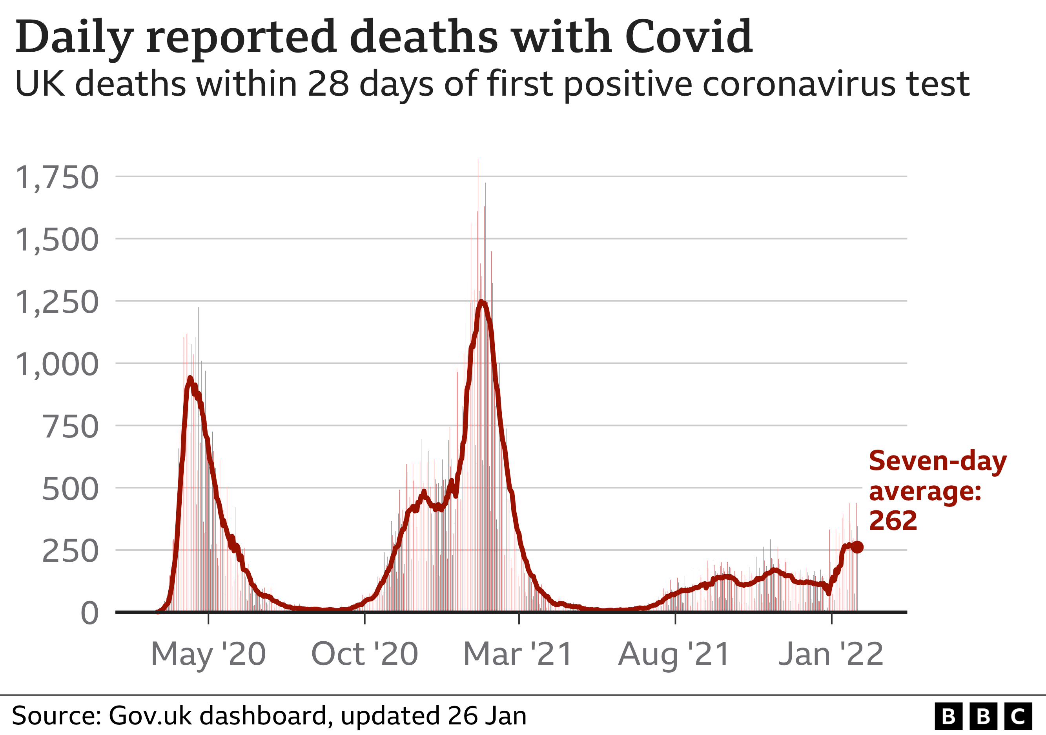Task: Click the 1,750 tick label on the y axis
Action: [x=57, y=178]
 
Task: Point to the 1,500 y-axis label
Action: [x=57, y=240]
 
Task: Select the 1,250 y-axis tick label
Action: [x=57, y=302]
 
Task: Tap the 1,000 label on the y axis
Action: [x=57, y=365]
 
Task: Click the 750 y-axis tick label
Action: [x=70, y=427]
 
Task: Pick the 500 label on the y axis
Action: [x=70, y=489]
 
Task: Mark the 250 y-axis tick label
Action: [x=70, y=551]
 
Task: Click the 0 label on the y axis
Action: [x=89, y=613]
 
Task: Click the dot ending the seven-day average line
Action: [x=857, y=547]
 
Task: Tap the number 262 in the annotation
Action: [x=893, y=521]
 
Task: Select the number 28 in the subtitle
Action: [x=328, y=84]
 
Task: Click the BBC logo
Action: [x=983, y=716]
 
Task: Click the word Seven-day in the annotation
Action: [x=938, y=461]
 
